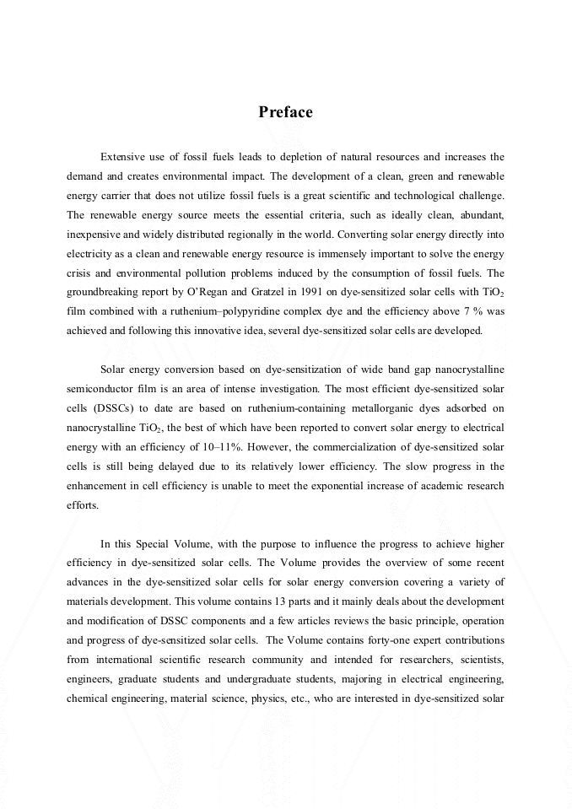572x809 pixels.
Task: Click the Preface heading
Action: pos(285,112)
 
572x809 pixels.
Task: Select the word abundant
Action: pos(481,215)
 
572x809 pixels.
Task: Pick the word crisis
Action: pos(81,273)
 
